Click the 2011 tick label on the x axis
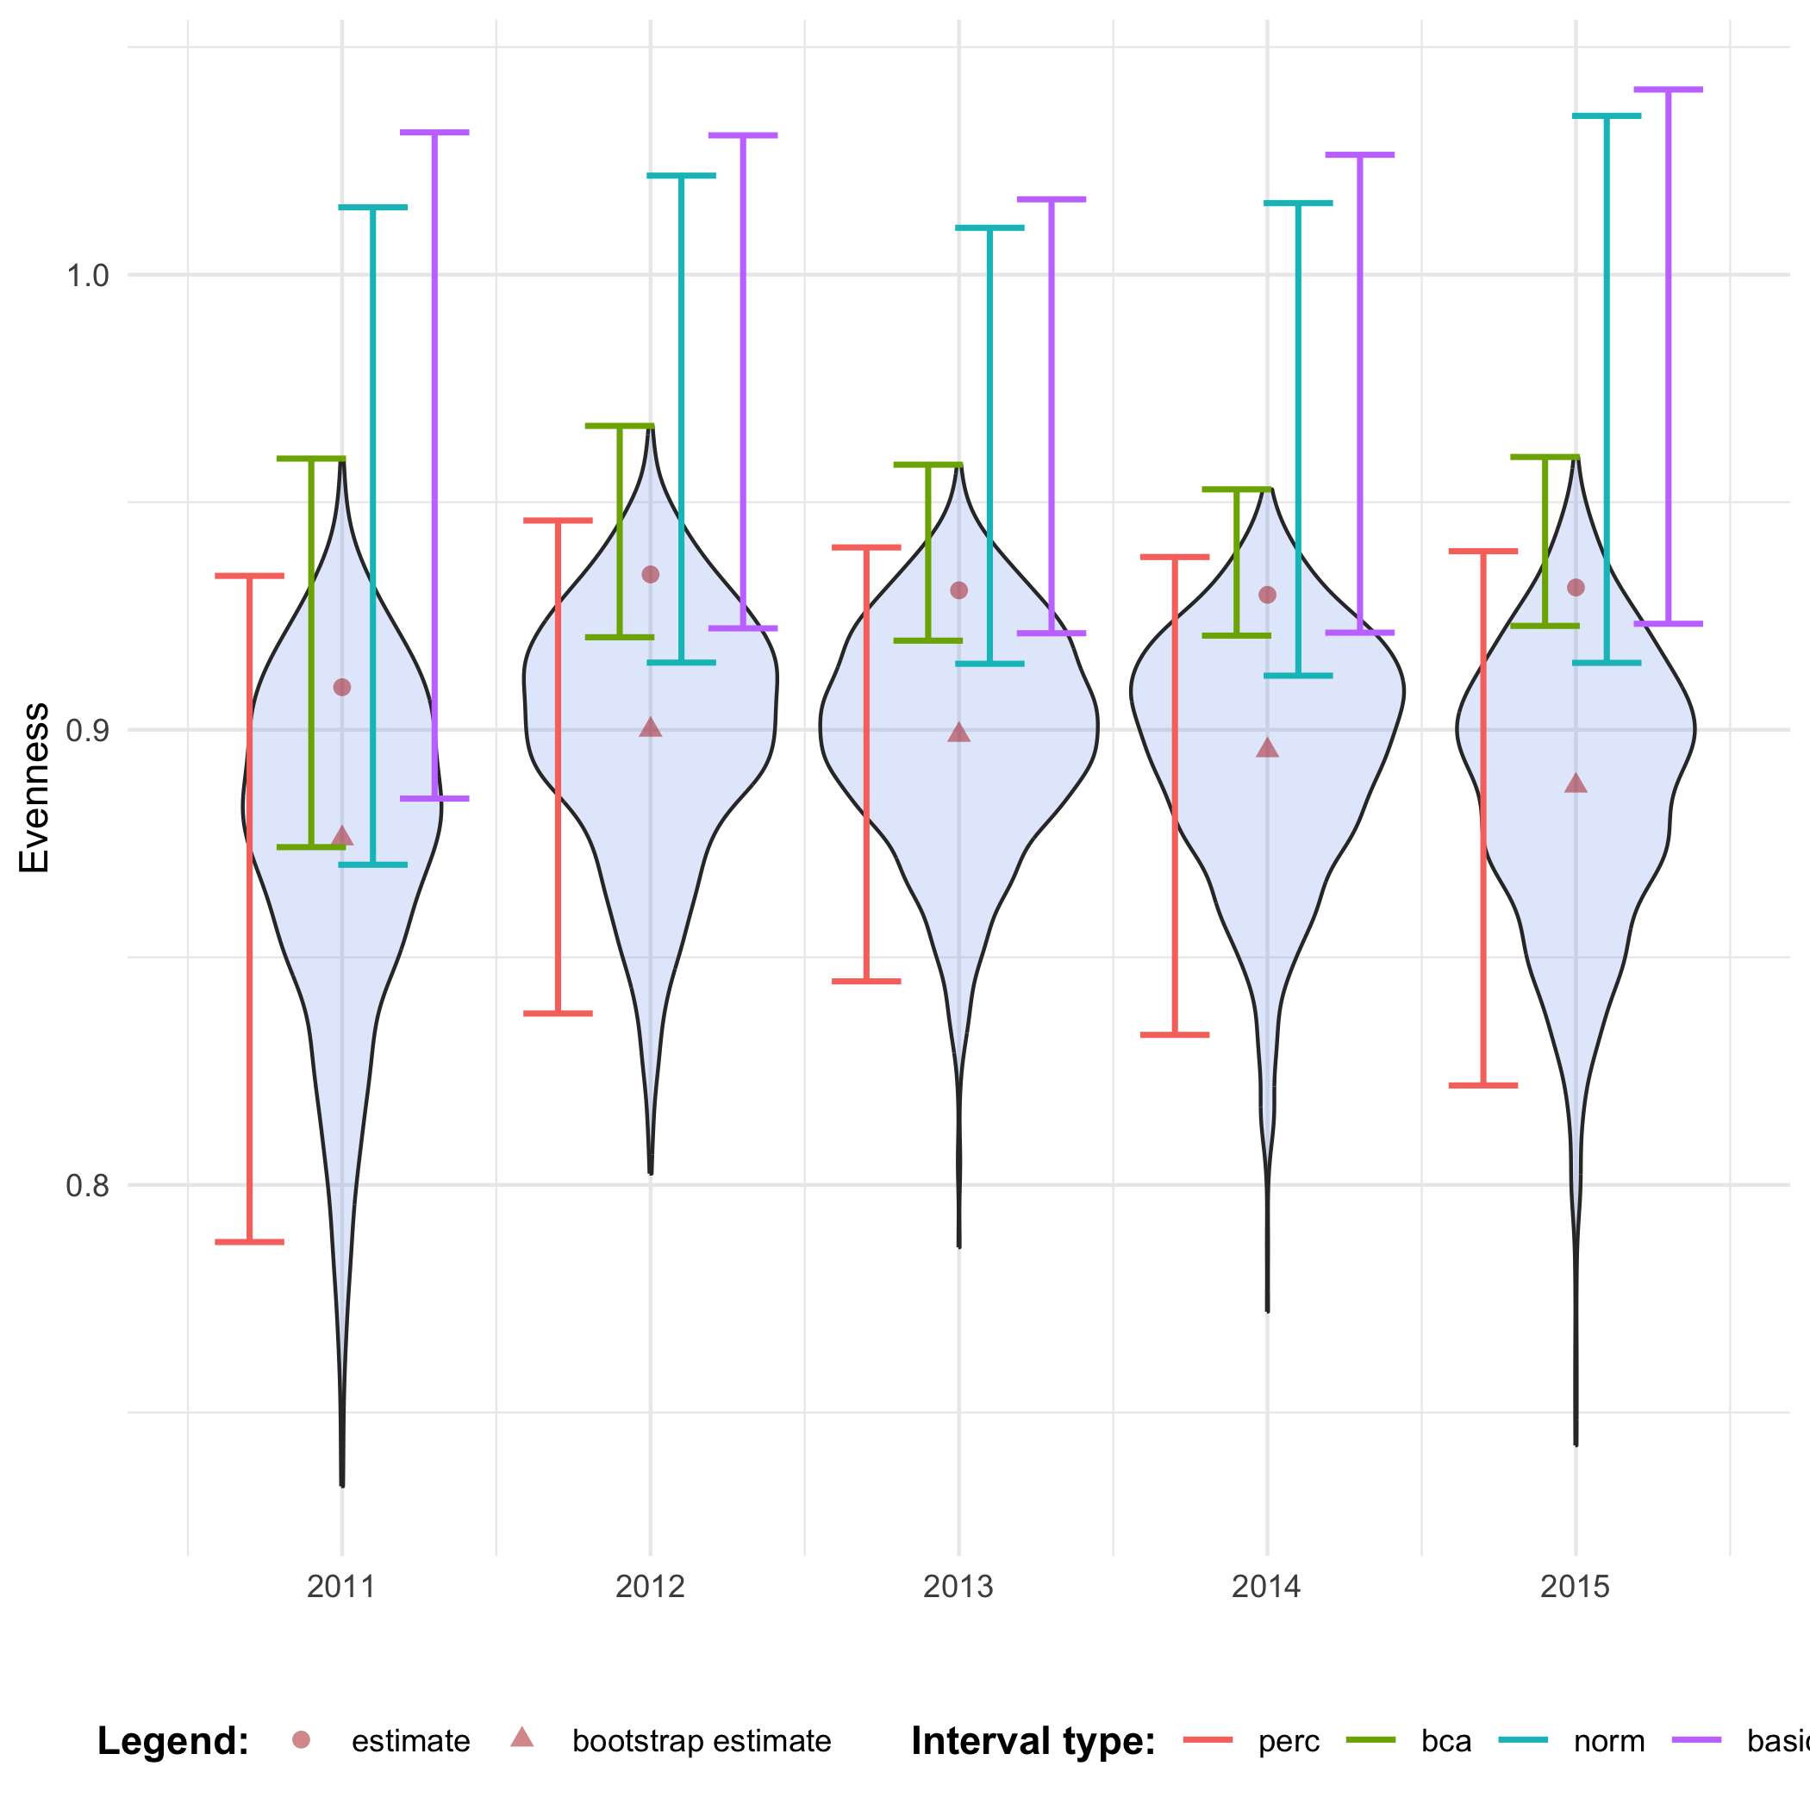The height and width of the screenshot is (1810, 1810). tap(341, 1586)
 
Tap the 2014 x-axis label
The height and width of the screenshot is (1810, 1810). tap(1267, 1586)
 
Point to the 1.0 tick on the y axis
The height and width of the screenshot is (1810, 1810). tap(87, 276)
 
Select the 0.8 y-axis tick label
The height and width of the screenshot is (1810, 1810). tap(87, 1185)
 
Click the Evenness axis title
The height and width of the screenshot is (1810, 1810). tap(34, 788)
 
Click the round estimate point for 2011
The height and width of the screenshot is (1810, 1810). tap(342, 688)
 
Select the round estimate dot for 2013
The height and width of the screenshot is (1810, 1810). tap(958, 590)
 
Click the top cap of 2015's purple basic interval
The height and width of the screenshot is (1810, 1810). tap(1669, 90)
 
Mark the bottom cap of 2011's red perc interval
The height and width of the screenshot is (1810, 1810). tap(249, 1242)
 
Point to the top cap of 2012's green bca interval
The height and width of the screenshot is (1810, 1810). tap(619, 425)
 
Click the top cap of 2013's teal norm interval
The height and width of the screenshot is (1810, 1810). tap(989, 228)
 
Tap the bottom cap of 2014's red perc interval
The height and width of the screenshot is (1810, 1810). tap(1175, 1034)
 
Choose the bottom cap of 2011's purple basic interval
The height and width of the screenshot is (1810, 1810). tap(434, 798)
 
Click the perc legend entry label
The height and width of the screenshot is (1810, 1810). tap(1289, 1742)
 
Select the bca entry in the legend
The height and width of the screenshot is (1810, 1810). tap(1445, 1742)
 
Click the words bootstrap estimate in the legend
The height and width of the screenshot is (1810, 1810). tap(702, 1742)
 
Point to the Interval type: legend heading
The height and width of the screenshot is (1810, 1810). tap(1033, 1742)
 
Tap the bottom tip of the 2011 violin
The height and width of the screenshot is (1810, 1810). tap(342, 1485)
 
